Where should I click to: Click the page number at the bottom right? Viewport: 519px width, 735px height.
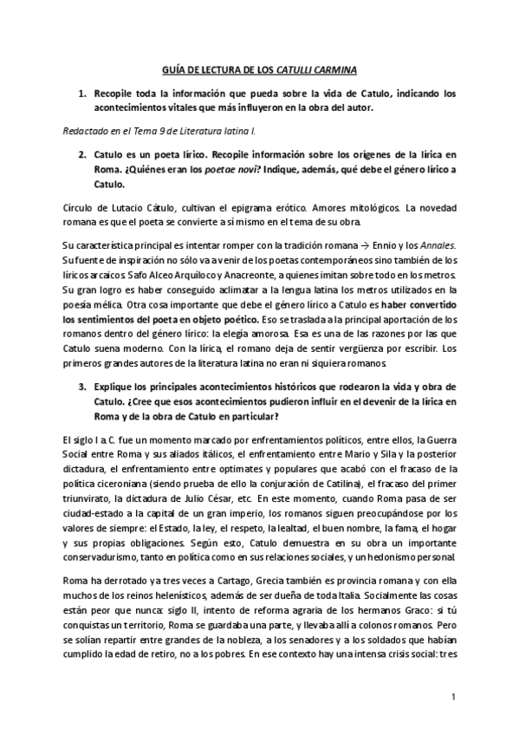point(452,698)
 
